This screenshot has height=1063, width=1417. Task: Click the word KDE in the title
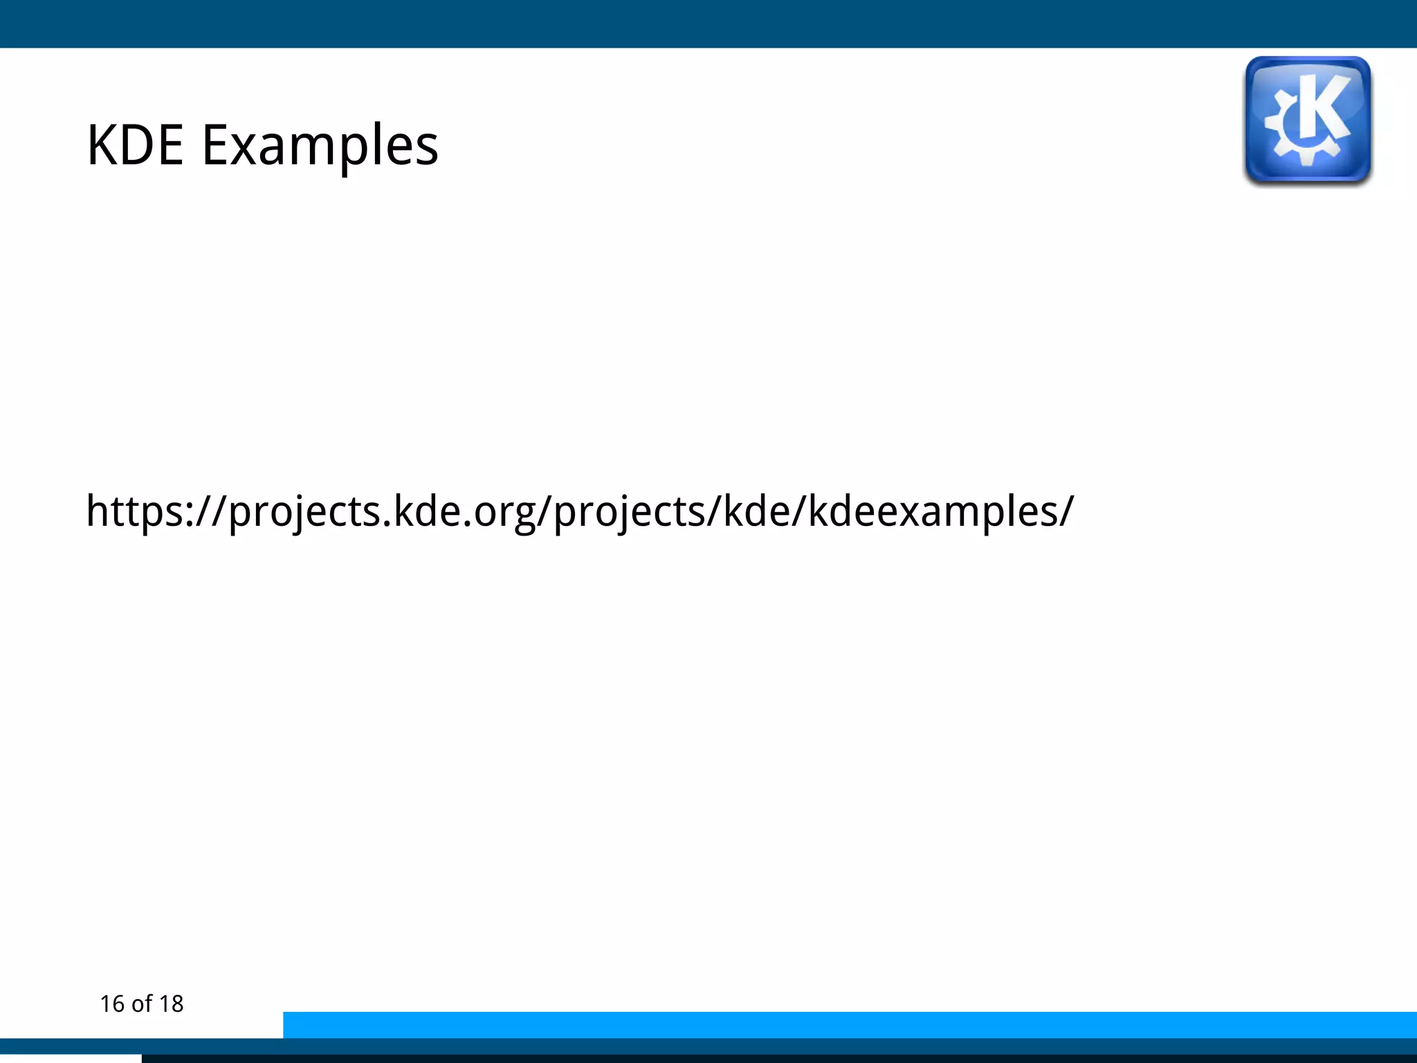(x=135, y=145)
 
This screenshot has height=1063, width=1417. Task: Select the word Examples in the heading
(x=320, y=147)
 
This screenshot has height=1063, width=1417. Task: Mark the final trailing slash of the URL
(x=1066, y=512)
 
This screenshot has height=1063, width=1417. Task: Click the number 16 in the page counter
(x=112, y=1004)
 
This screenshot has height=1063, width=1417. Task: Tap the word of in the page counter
(x=141, y=1004)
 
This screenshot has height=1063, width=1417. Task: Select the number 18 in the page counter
(x=171, y=1004)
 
